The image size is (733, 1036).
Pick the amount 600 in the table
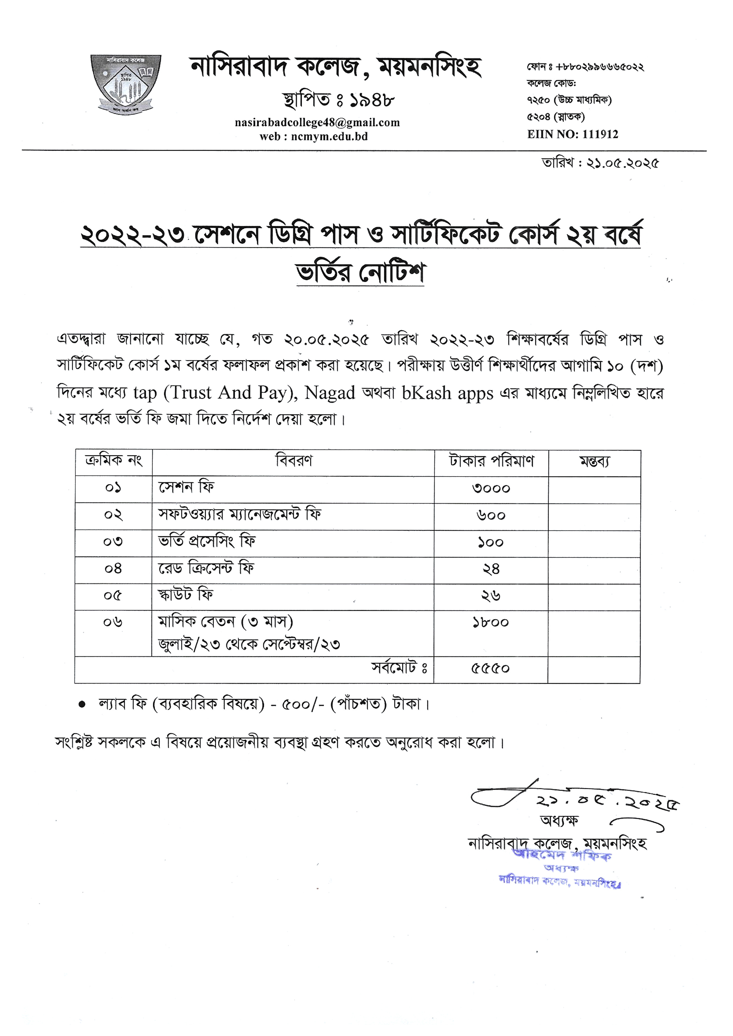[491, 516]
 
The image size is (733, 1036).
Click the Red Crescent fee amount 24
[491, 569]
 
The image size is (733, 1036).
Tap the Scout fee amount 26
[491, 596]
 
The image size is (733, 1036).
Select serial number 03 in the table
[113, 542]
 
